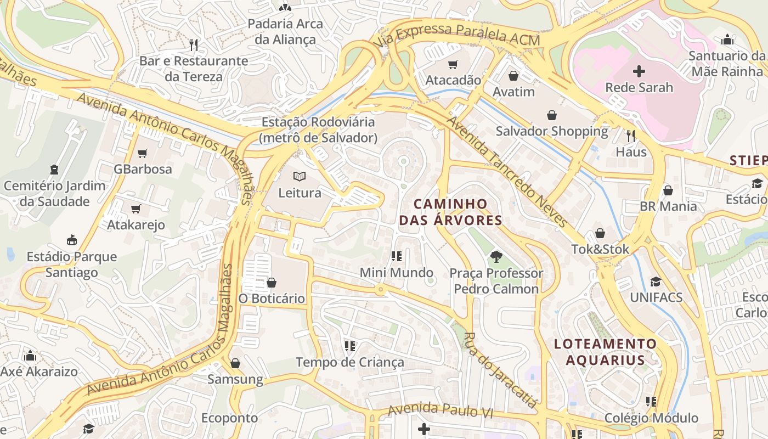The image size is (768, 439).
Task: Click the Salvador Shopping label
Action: [552, 131]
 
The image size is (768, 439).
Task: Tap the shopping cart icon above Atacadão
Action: [453, 65]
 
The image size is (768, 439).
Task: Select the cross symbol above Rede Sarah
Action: [639, 71]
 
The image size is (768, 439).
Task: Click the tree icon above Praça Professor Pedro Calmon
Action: [496, 256]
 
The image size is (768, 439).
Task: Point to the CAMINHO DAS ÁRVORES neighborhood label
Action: [450, 212]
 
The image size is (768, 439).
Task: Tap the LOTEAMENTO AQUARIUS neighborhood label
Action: [605, 352]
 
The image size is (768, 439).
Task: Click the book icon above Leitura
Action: [299, 177]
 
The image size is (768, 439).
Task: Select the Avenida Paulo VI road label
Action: [440, 410]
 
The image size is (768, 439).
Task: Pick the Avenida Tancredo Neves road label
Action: [507, 171]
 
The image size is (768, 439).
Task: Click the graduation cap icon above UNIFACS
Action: [656, 282]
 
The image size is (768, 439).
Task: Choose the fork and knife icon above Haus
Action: [631, 136]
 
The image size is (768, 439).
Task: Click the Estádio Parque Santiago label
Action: [72, 264]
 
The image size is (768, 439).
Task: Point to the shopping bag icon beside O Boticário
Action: [271, 283]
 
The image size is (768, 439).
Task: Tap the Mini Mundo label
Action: [397, 273]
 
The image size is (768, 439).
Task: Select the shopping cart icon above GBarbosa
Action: [143, 153]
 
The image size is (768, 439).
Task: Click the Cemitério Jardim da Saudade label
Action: [54, 193]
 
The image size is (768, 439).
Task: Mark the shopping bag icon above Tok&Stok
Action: [600, 233]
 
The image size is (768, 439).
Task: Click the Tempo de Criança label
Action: [350, 362]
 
